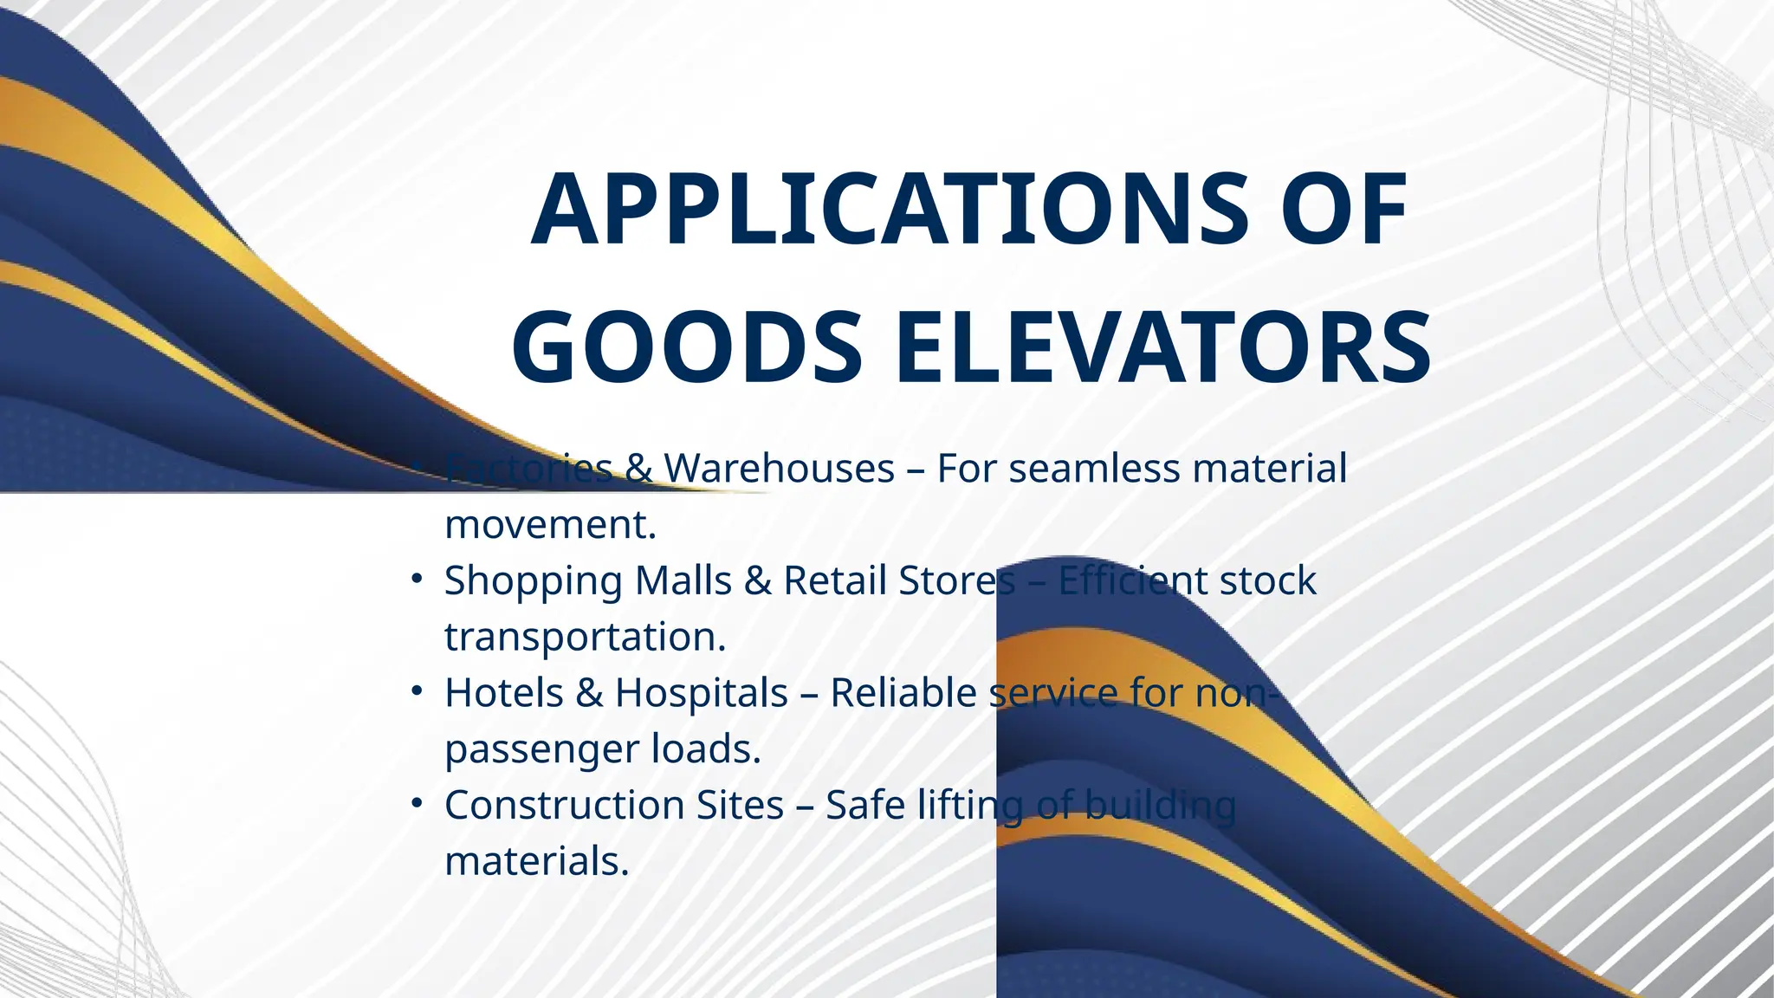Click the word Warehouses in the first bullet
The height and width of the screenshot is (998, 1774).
779,469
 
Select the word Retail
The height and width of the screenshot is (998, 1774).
835,580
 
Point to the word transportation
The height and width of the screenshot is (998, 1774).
585,637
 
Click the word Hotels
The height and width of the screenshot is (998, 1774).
503,693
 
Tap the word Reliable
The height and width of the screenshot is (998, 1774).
903,693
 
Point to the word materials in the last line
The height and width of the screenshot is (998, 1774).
536,861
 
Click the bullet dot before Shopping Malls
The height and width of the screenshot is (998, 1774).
417,579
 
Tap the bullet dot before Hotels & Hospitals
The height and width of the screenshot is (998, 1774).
417,691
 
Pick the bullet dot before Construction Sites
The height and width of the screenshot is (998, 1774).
417,804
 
